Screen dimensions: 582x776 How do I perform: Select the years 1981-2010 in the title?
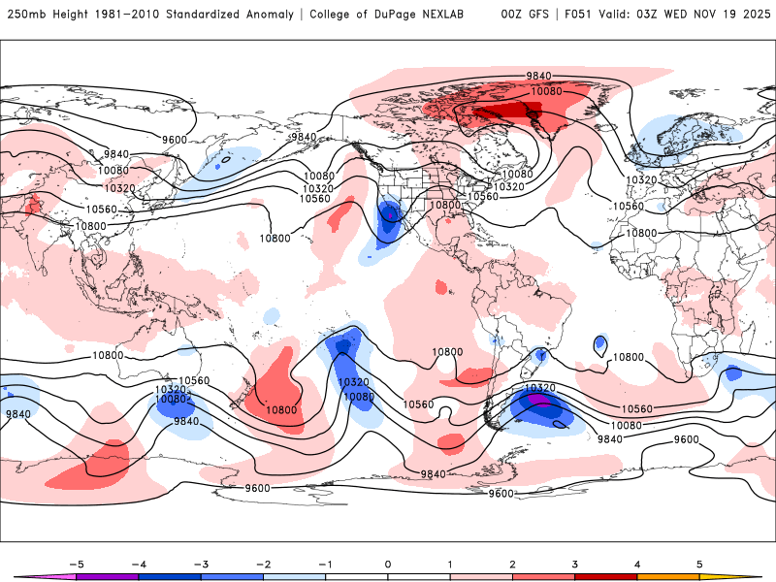[x=125, y=15]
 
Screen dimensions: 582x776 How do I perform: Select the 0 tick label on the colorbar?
[x=388, y=564]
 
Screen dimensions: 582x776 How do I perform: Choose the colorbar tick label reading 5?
[x=700, y=564]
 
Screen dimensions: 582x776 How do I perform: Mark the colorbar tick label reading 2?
[x=513, y=564]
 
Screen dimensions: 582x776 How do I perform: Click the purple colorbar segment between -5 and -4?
[x=107, y=576]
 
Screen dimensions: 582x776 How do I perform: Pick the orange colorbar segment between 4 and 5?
[x=669, y=576]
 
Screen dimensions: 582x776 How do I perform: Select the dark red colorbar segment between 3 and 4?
[x=606, y=576]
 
